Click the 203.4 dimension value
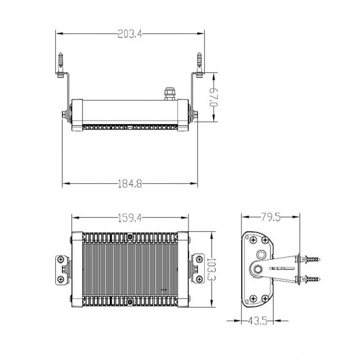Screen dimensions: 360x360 coord(130,34)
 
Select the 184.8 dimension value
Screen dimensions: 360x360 coord(130,184)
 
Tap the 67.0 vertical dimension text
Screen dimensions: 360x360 coord(214,97)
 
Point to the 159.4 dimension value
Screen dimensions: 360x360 coord(130,217)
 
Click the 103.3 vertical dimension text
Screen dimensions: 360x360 coord(212,269)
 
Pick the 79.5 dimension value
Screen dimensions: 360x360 coord(271,217)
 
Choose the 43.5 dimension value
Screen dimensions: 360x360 coord(257,321)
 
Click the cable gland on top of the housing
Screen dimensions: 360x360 coord(170,93)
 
